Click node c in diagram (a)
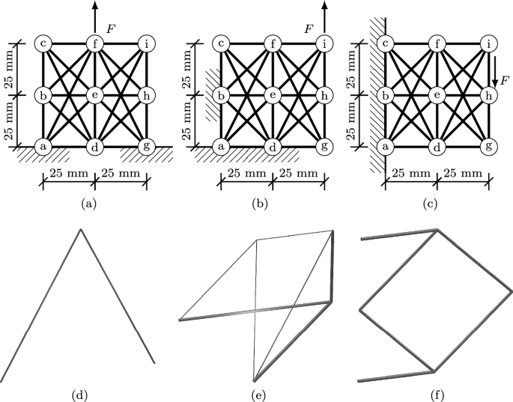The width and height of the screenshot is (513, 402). click(43, 43)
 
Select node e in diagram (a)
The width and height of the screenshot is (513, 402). click(95, 95)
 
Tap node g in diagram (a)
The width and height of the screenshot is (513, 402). click(147, 146)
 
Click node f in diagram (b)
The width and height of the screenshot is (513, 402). click(273, 43)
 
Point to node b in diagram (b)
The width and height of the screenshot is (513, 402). click(222, 95)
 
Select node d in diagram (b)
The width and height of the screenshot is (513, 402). click(273, 146)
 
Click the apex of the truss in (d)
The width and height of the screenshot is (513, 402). click(81, 229)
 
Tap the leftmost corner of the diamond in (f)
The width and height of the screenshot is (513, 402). click(361, 307)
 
